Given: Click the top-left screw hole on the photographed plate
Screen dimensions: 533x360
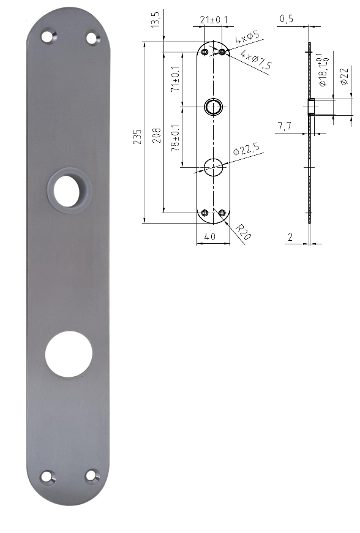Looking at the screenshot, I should pyautogui.click(x=48, y=37).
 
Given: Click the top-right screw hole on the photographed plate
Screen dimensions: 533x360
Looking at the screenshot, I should pyautogui.click(x=92, y=37).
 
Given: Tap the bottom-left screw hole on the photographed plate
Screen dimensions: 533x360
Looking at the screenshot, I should pyautogui.click(x=48, y=475).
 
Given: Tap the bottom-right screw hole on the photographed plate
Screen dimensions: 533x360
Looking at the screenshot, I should pyautogui.click(x=92, y=475).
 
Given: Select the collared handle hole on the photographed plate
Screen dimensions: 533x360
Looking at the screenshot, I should pyautogui.click(x=69, y=190).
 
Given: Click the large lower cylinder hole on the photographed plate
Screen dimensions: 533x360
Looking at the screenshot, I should pyautogui.click(x=69, y=354).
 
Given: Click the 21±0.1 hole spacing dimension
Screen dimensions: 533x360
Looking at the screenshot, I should pyautogui.click(x=214, y=20).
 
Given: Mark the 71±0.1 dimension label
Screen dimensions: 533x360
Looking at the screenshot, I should pyautogui.click(x=176, y=80).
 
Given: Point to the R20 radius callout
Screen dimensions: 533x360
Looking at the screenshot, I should pyautogui.click(x=243, y=232).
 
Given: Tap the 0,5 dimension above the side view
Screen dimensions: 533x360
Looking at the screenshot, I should pyautogui.click(x=286, y=20).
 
